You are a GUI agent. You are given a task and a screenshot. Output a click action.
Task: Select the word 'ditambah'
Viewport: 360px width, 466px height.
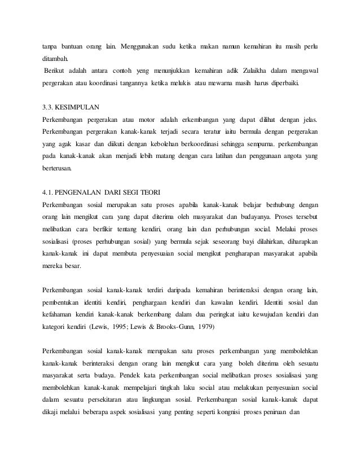click(57, 58)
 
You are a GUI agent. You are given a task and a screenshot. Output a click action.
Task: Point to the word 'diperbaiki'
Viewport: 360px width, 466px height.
click(284, 89)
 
